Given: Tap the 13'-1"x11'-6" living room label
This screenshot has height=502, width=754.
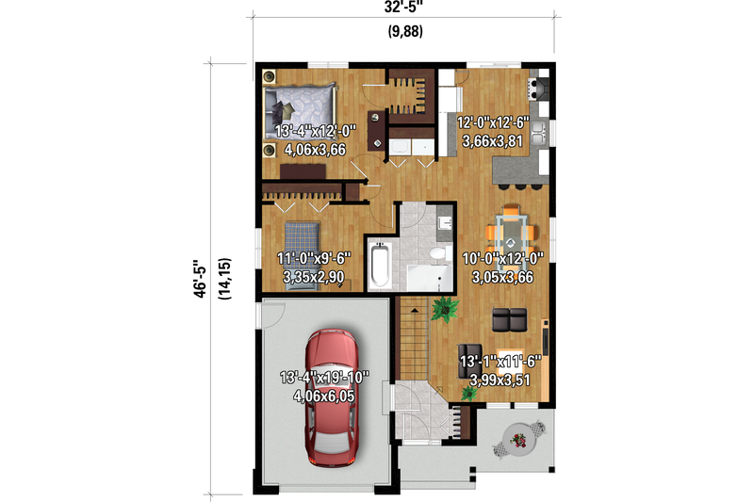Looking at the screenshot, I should (x=500, y=362).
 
